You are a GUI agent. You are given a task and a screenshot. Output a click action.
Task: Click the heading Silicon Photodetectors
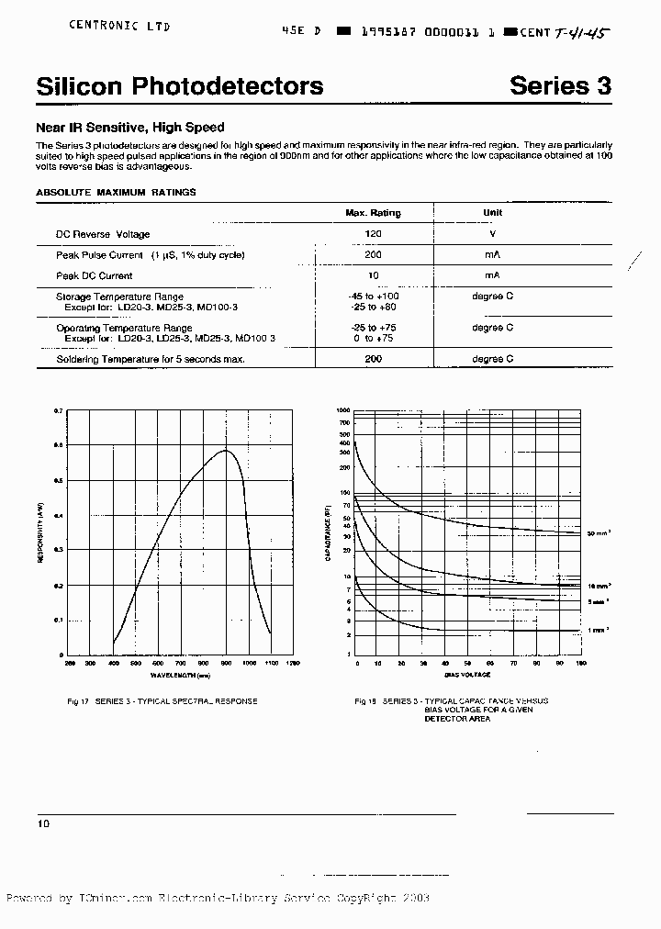179,86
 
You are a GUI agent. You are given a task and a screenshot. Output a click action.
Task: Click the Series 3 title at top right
560,86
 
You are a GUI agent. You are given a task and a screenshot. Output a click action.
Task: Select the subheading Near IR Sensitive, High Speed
129,128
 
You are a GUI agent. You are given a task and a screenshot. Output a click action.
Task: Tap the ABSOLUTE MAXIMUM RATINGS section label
116,192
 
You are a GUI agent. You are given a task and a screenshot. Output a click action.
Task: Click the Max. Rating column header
373,213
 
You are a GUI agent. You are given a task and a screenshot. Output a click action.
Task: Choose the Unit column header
492,212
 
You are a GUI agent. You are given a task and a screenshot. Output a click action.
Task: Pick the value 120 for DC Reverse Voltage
373,234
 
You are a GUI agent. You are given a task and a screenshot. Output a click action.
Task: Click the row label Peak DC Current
95,275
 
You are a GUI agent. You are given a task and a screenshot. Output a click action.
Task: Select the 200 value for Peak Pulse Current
373,255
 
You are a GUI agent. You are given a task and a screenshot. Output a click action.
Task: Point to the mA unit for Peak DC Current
492,275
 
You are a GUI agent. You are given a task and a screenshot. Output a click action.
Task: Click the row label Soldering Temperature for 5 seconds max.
151,359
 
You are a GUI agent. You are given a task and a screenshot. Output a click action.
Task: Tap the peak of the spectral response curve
226,451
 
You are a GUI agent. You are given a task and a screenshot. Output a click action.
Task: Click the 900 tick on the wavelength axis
226,662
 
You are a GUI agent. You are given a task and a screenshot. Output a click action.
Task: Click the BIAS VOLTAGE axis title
467,675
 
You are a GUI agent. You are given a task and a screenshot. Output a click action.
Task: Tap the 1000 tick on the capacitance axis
344,409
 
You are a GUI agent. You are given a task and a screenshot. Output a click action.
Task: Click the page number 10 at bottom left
43,824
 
